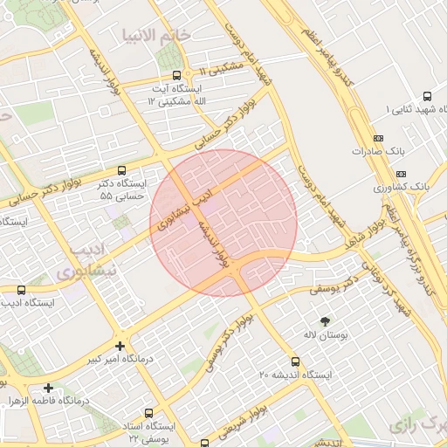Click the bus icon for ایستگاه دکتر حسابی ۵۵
coord(121,171)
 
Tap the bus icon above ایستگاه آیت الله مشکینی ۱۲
coord(177,75)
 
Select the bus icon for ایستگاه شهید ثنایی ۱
coord(427,96)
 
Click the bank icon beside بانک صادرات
coord(377,138)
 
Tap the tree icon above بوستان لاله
coord(326,321)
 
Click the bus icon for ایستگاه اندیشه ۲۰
coord(296,361)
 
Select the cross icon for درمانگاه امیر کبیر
coord(120,346)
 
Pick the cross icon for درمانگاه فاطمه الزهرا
coord(48,388)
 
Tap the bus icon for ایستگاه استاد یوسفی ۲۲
coord(150,412)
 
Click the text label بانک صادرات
coord(381,151)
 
